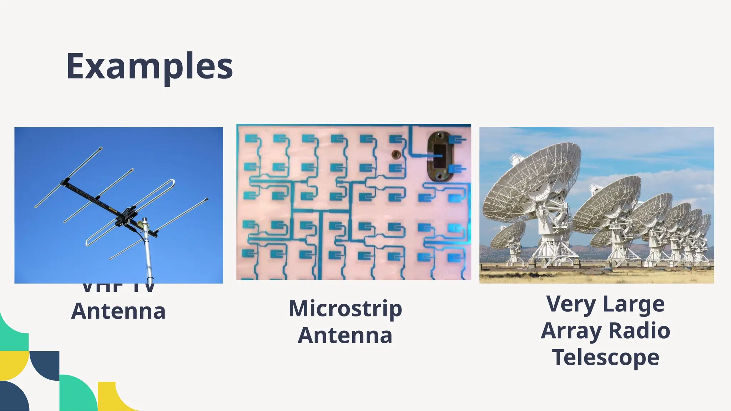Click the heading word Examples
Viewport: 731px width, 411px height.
coord(150,66)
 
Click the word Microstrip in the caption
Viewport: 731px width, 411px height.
coord(345,309)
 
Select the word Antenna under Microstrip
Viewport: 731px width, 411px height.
coord(345,335)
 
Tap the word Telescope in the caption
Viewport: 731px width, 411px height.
coord(605,357)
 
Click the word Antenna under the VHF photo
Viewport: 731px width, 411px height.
coord(118,311)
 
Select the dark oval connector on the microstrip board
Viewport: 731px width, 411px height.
coord(439,156)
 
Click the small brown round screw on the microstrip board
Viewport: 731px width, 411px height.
coord(395,154)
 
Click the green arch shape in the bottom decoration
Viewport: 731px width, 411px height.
coord(77,392)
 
